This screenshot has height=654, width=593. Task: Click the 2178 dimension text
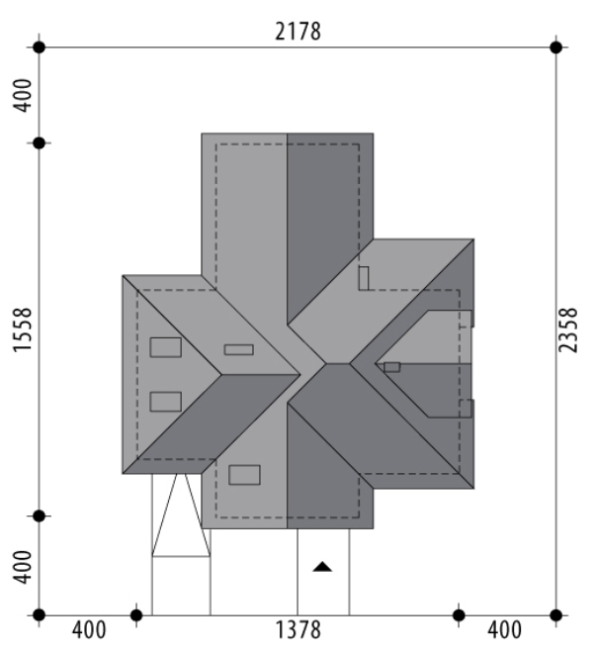pyautogui.click(x=297, y=32)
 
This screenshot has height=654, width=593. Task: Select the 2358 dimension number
pyautogui.click(x=567, y=330)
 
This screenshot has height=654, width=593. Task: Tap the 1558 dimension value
pyautogui.click(x=22, y=330)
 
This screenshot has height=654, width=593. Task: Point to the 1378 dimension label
pyautogui.click(x=297, y=630)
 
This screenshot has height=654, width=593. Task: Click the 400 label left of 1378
pyautogui.click(x=89, y=630)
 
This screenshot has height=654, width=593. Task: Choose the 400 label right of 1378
pyautogui.click(x=504, y=630)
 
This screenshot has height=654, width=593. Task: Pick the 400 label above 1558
pyautogui.click(x=22, y=96)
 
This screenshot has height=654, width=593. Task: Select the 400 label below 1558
pyautogui.click(x=22, y=567)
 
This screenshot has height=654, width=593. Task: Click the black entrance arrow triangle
pyautogui.click(x=322, y=566)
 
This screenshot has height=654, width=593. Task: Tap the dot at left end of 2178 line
pyautogui.click(x=39, y=47)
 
